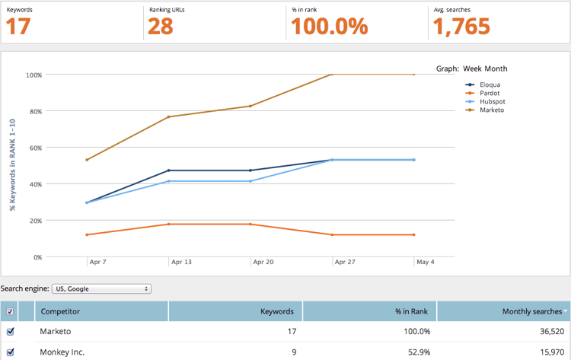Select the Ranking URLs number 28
coord(161,27)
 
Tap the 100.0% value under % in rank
coord(330,27)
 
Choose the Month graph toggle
coord(496,68)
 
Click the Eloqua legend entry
coord(486,84)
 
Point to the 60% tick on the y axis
coord(33,148)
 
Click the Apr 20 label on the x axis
coord(263,262)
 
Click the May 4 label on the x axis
coord(425,262)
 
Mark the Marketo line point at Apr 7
coord(87,160)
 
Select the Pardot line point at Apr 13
coord(168,224)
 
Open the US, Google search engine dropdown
coord(101,289)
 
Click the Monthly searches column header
coord(531,311)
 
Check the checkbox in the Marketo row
coord(10,332)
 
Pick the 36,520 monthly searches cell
coord(546,332)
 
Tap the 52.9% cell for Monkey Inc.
coord(416,352)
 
